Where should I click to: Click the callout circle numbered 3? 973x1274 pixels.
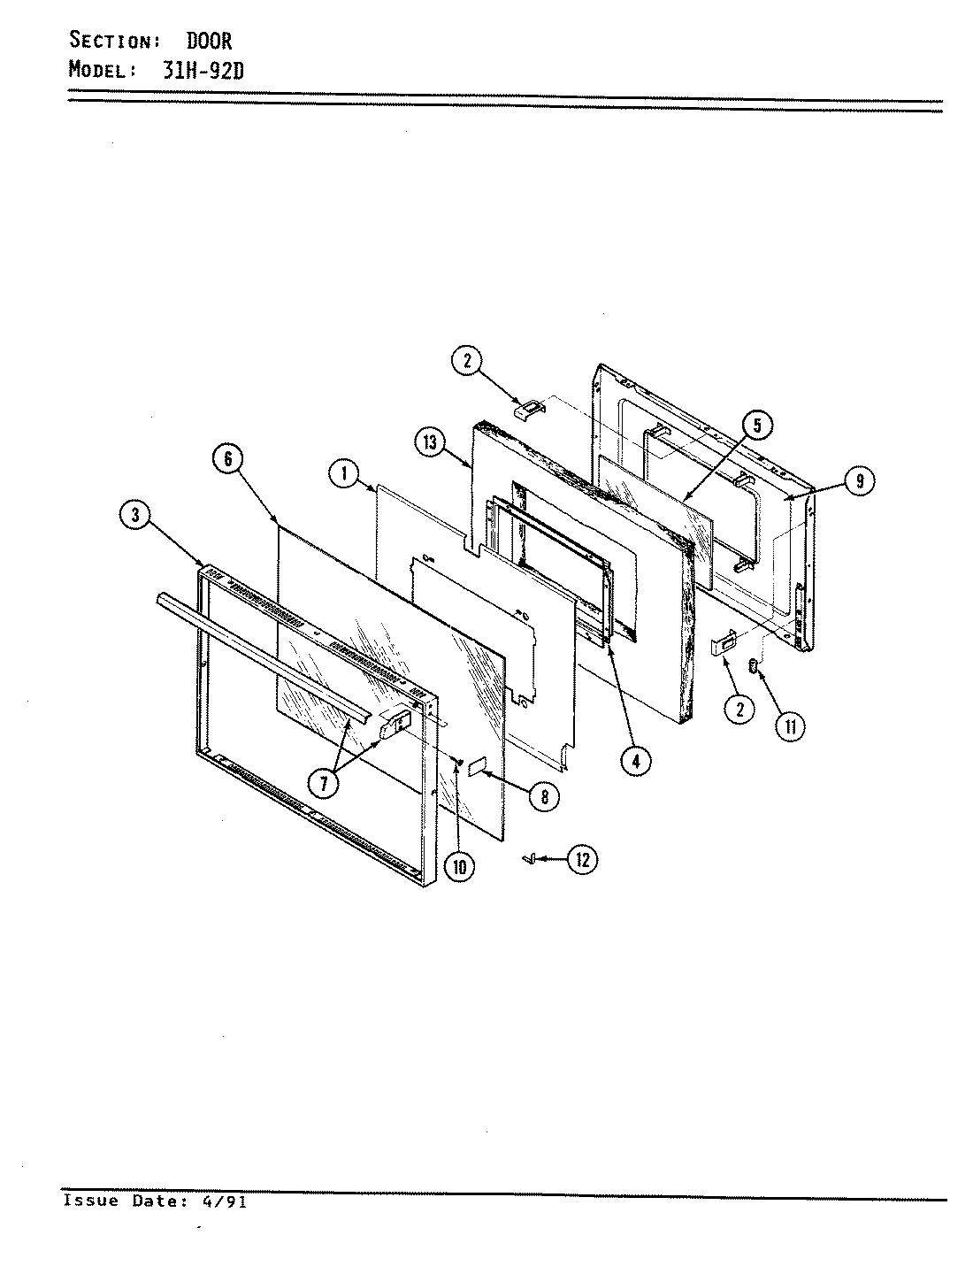[135, 515]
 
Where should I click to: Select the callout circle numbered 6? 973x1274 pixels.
[228, 459]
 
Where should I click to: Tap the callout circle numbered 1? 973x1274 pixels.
[345, 474]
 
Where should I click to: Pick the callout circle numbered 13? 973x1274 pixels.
[430, 442]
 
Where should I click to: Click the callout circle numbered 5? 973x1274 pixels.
[757, 426]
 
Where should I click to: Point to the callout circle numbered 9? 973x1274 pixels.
[859, 480]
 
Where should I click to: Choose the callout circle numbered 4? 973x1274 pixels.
[636, 761]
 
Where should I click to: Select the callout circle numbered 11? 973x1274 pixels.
[791, 726]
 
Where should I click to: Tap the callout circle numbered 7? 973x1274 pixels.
[324, 784]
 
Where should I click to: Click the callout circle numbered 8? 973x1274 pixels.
[544, 796]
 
